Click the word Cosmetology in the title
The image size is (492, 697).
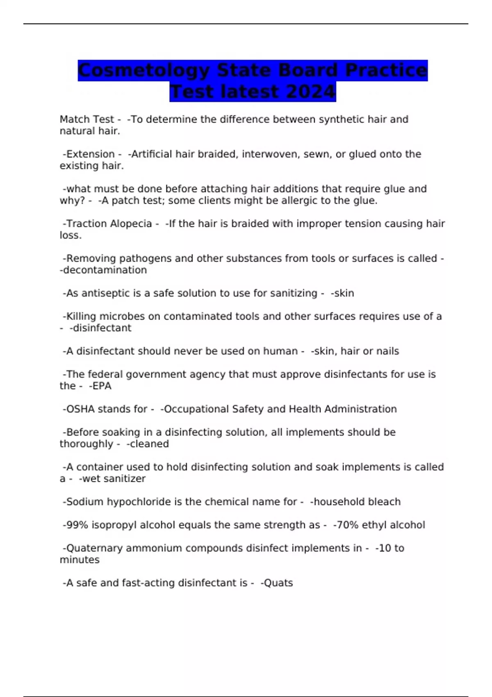click(x=143, y=71)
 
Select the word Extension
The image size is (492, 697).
click(x=90, y=154)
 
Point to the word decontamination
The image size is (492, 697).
click(x=105, y=270)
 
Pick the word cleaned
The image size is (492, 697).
click(x=149, y=444)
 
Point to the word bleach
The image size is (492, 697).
click(x=384, y=502)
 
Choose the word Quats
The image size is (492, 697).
click(x=278, y=583)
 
